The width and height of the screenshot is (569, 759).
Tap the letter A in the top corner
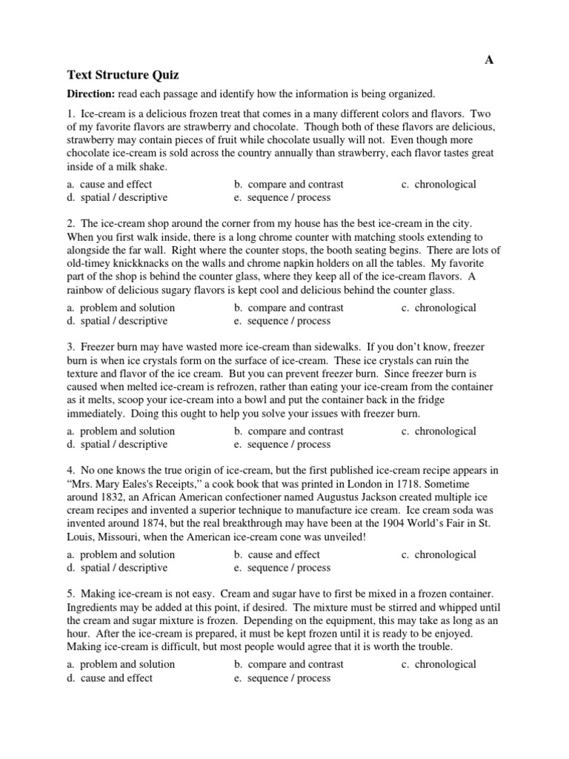pyautogui.click(x=488, y=60)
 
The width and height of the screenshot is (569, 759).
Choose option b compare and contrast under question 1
pyautogui.click(x=289, y=185)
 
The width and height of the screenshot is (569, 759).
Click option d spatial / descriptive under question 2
pyautogui.click(x=117, y=321)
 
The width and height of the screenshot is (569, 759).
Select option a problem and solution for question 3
pyautogui.click(x=121, y=431)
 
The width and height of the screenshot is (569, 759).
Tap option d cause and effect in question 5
pyautogui.click(x=110, y=677)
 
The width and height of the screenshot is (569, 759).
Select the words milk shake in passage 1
pyautogui.click(x=141, y=167)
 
